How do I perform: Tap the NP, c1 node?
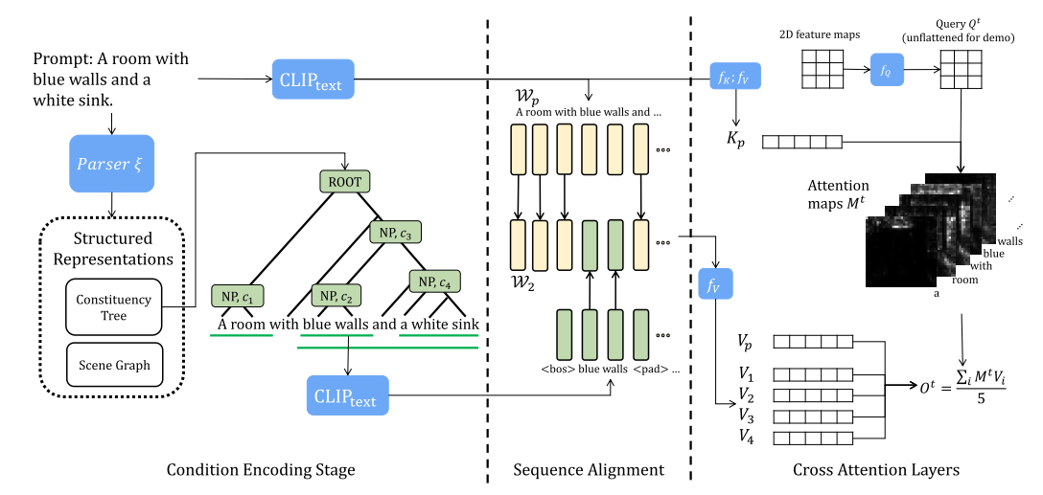[x=237, y=296]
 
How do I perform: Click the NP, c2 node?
[x=337, y=296]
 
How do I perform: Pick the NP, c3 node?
[x=395, y=232]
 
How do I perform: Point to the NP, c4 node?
[x=436, y=281]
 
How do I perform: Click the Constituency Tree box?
[x=112, y=307]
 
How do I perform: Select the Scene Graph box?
[x=112, y=364]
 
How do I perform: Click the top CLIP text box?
[x=313, y=79]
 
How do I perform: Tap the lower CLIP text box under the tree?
[x=348, y=394]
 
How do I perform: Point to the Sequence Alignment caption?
[x=589, y=469]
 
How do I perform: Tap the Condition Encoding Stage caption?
[x=261, y=469]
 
